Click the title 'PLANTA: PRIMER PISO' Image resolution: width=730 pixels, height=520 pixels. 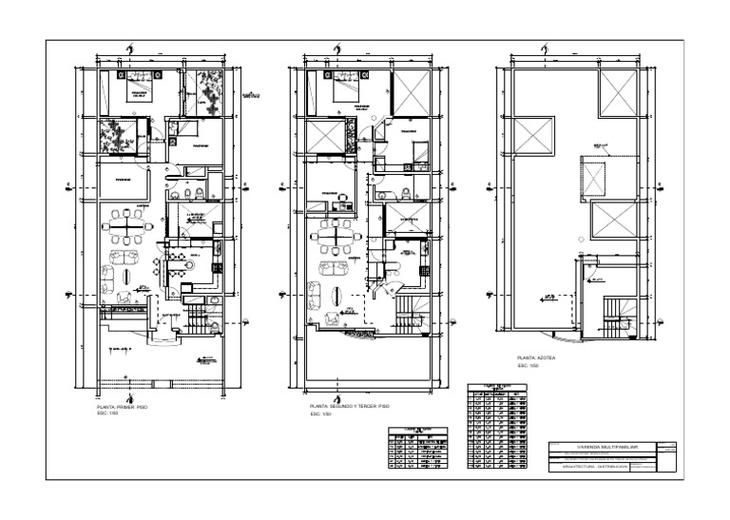coord(122,406)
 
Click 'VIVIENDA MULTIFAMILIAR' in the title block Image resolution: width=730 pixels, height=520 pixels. coord(607,445)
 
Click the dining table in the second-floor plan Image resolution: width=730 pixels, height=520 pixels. coord(336,229)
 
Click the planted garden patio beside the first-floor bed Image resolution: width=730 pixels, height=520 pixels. coord(203,91)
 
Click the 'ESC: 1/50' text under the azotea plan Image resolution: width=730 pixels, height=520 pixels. coord(528,366)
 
